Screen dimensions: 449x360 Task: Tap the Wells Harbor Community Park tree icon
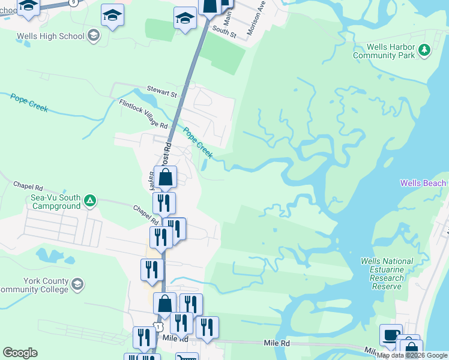(425, 50)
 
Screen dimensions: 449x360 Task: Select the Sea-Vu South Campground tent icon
(89, 200)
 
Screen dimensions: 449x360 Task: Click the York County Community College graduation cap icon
(77, 284)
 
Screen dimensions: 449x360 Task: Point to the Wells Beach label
(423, 183)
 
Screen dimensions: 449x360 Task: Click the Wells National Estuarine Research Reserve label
(387, 274)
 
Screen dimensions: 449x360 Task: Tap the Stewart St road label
(165, 94)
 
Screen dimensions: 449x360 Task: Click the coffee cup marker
(391, 334)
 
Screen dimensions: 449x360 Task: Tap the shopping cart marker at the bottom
(187, 358)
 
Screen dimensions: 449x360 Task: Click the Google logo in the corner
(20, 353)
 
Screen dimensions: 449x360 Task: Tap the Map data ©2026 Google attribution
(412, 355)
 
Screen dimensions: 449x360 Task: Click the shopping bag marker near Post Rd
(166, 177)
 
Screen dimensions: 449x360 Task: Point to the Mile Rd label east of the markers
(277, 343)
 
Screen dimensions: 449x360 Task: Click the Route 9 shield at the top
(73, 2)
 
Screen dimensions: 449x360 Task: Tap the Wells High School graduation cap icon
(94, 36)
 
